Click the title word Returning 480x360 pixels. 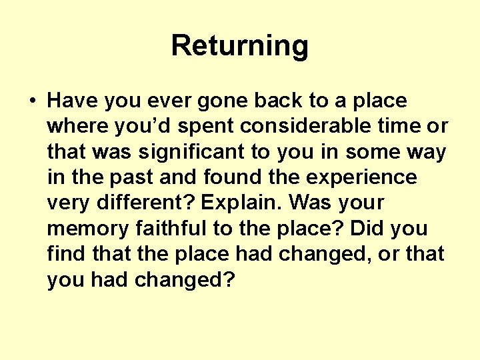[x=239, y=46]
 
